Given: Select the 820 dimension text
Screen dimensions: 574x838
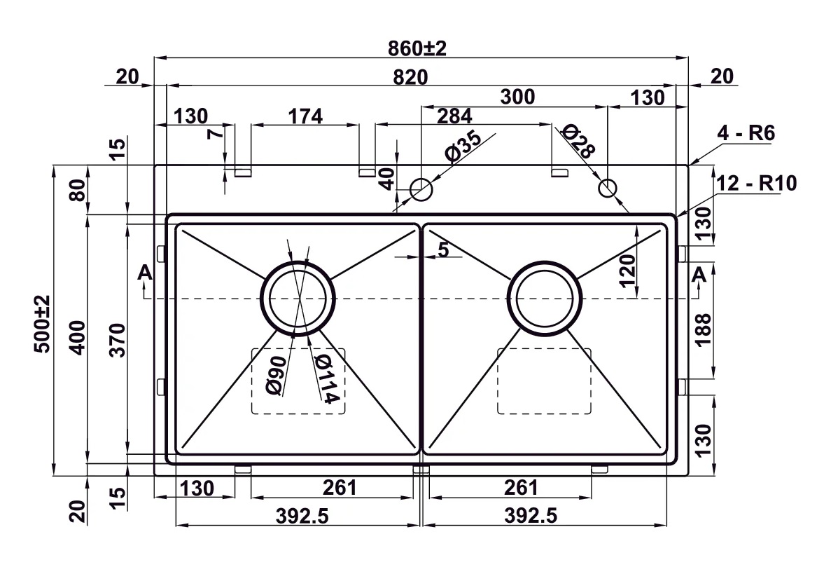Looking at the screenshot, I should (410, 77).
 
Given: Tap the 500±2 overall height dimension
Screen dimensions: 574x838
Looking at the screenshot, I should (43, 323).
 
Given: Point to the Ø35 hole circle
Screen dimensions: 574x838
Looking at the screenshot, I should (421, 189).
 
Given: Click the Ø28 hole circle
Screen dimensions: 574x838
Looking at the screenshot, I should (608, 188).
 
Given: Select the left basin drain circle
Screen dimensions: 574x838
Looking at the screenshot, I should (298, 298).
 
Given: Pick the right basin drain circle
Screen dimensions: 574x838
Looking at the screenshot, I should (545, 297).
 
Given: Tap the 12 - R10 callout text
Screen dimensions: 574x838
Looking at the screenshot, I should (757, 184).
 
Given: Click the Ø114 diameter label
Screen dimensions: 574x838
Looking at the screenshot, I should (327, 378).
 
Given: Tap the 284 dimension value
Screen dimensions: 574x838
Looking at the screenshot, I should (454, 115).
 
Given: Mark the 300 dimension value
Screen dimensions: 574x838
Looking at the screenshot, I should (517, 97).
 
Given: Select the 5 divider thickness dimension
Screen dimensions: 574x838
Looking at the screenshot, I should (443, 249).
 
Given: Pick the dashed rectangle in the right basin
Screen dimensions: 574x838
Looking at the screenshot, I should (544, 381).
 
